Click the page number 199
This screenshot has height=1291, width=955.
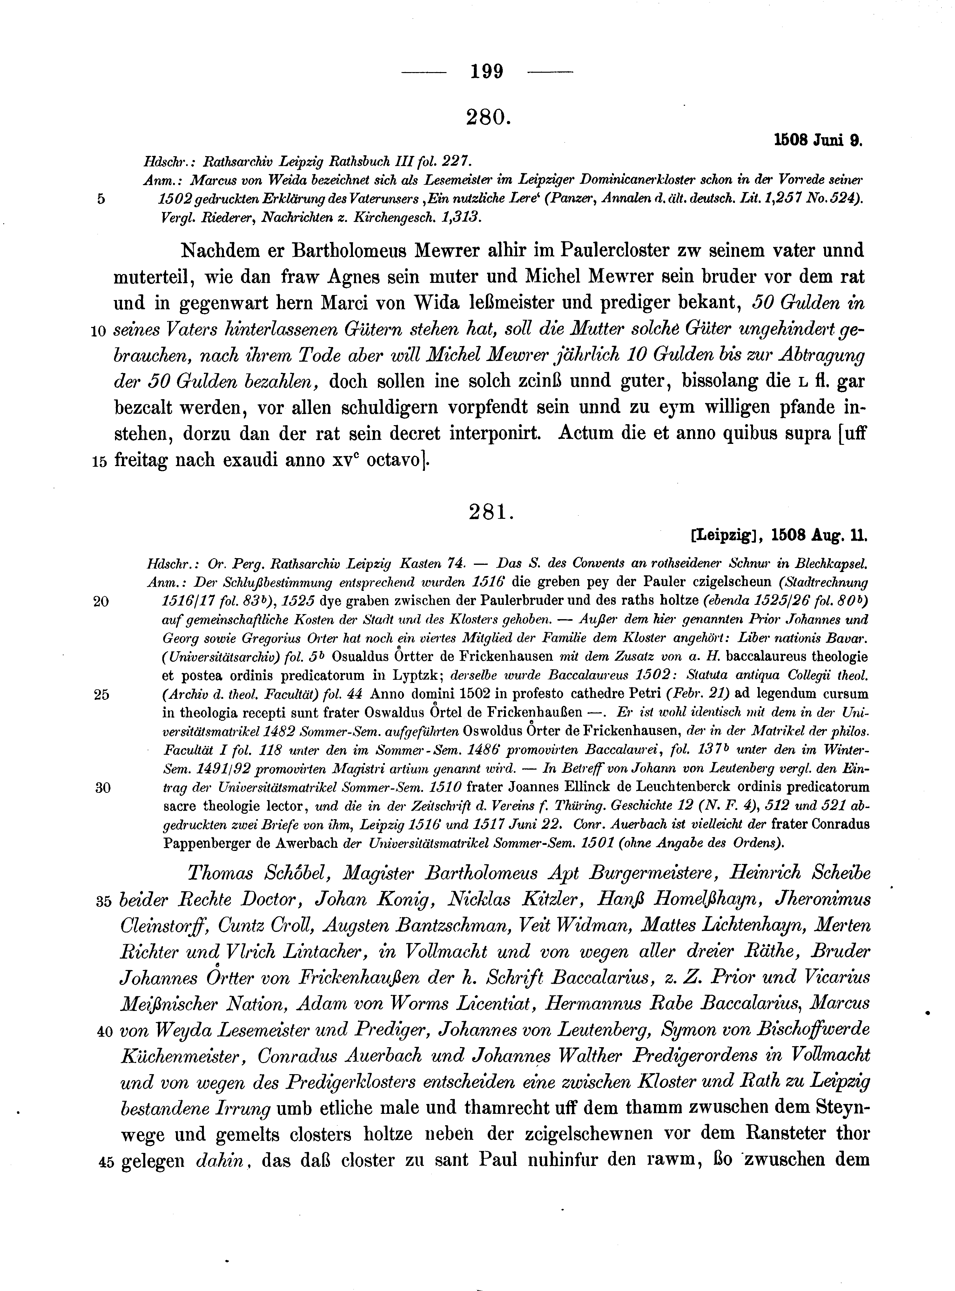(487, 72)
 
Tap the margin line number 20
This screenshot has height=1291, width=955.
(101, 602)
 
